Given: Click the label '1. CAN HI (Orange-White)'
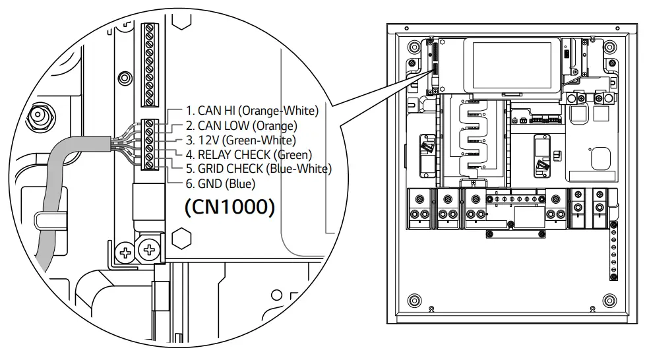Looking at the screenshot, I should [x=251, y=110].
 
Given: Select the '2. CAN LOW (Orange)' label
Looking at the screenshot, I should [x=241, y=125].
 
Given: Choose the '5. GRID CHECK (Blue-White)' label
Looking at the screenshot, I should [x=258, y=169].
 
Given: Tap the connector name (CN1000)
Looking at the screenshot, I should [x=229, y=207].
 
